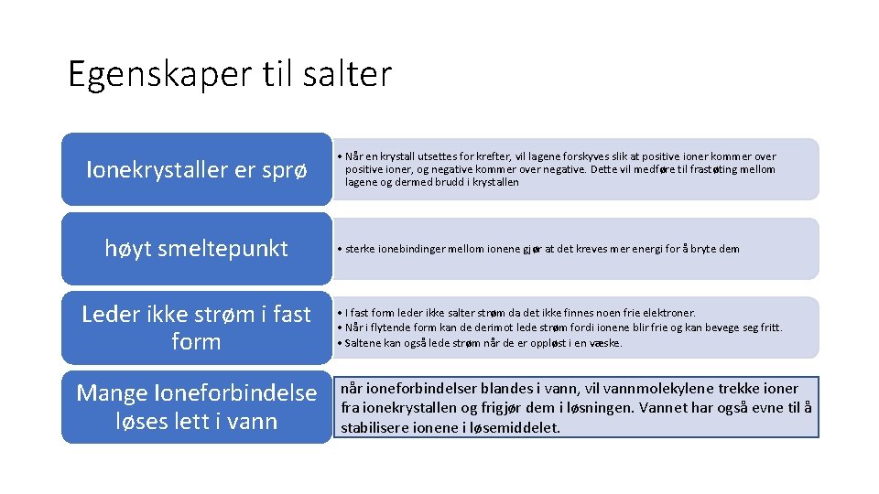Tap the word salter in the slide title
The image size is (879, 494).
[352, 74]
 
